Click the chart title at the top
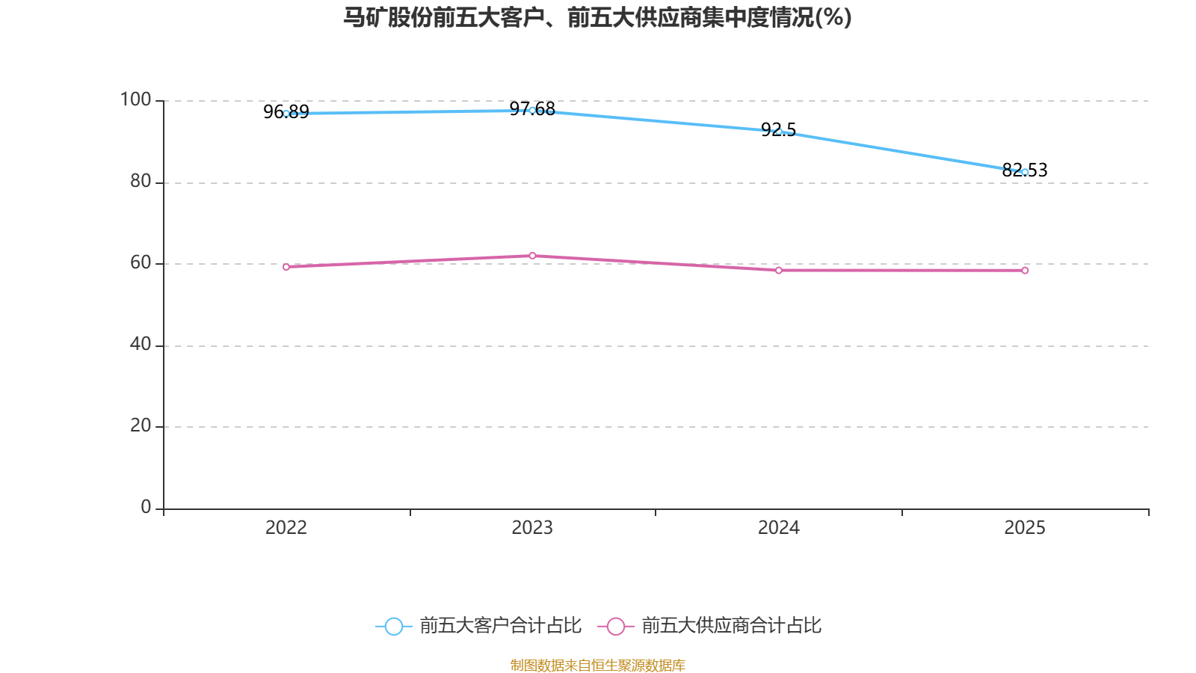pos(597,18)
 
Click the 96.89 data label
pos(286,111)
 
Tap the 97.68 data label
pos(532,109)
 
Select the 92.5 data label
pos(778,130)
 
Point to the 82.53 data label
pos(1025,170)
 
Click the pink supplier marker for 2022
pos(286,267)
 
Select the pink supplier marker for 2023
pos(532,256)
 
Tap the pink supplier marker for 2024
pos(778,271)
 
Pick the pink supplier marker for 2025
pos(1025,271)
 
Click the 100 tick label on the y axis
pos(135,100)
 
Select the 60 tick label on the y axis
pos(141,262)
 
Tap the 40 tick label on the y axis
pos(141,345)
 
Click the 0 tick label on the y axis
pos(146,508)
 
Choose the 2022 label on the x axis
pos(286,528)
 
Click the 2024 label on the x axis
pos(778,528)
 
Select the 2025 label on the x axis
pos(1025,528)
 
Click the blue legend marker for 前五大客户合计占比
pos(394,627)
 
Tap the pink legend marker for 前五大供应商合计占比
pos(616,627)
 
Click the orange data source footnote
pos(597,666)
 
